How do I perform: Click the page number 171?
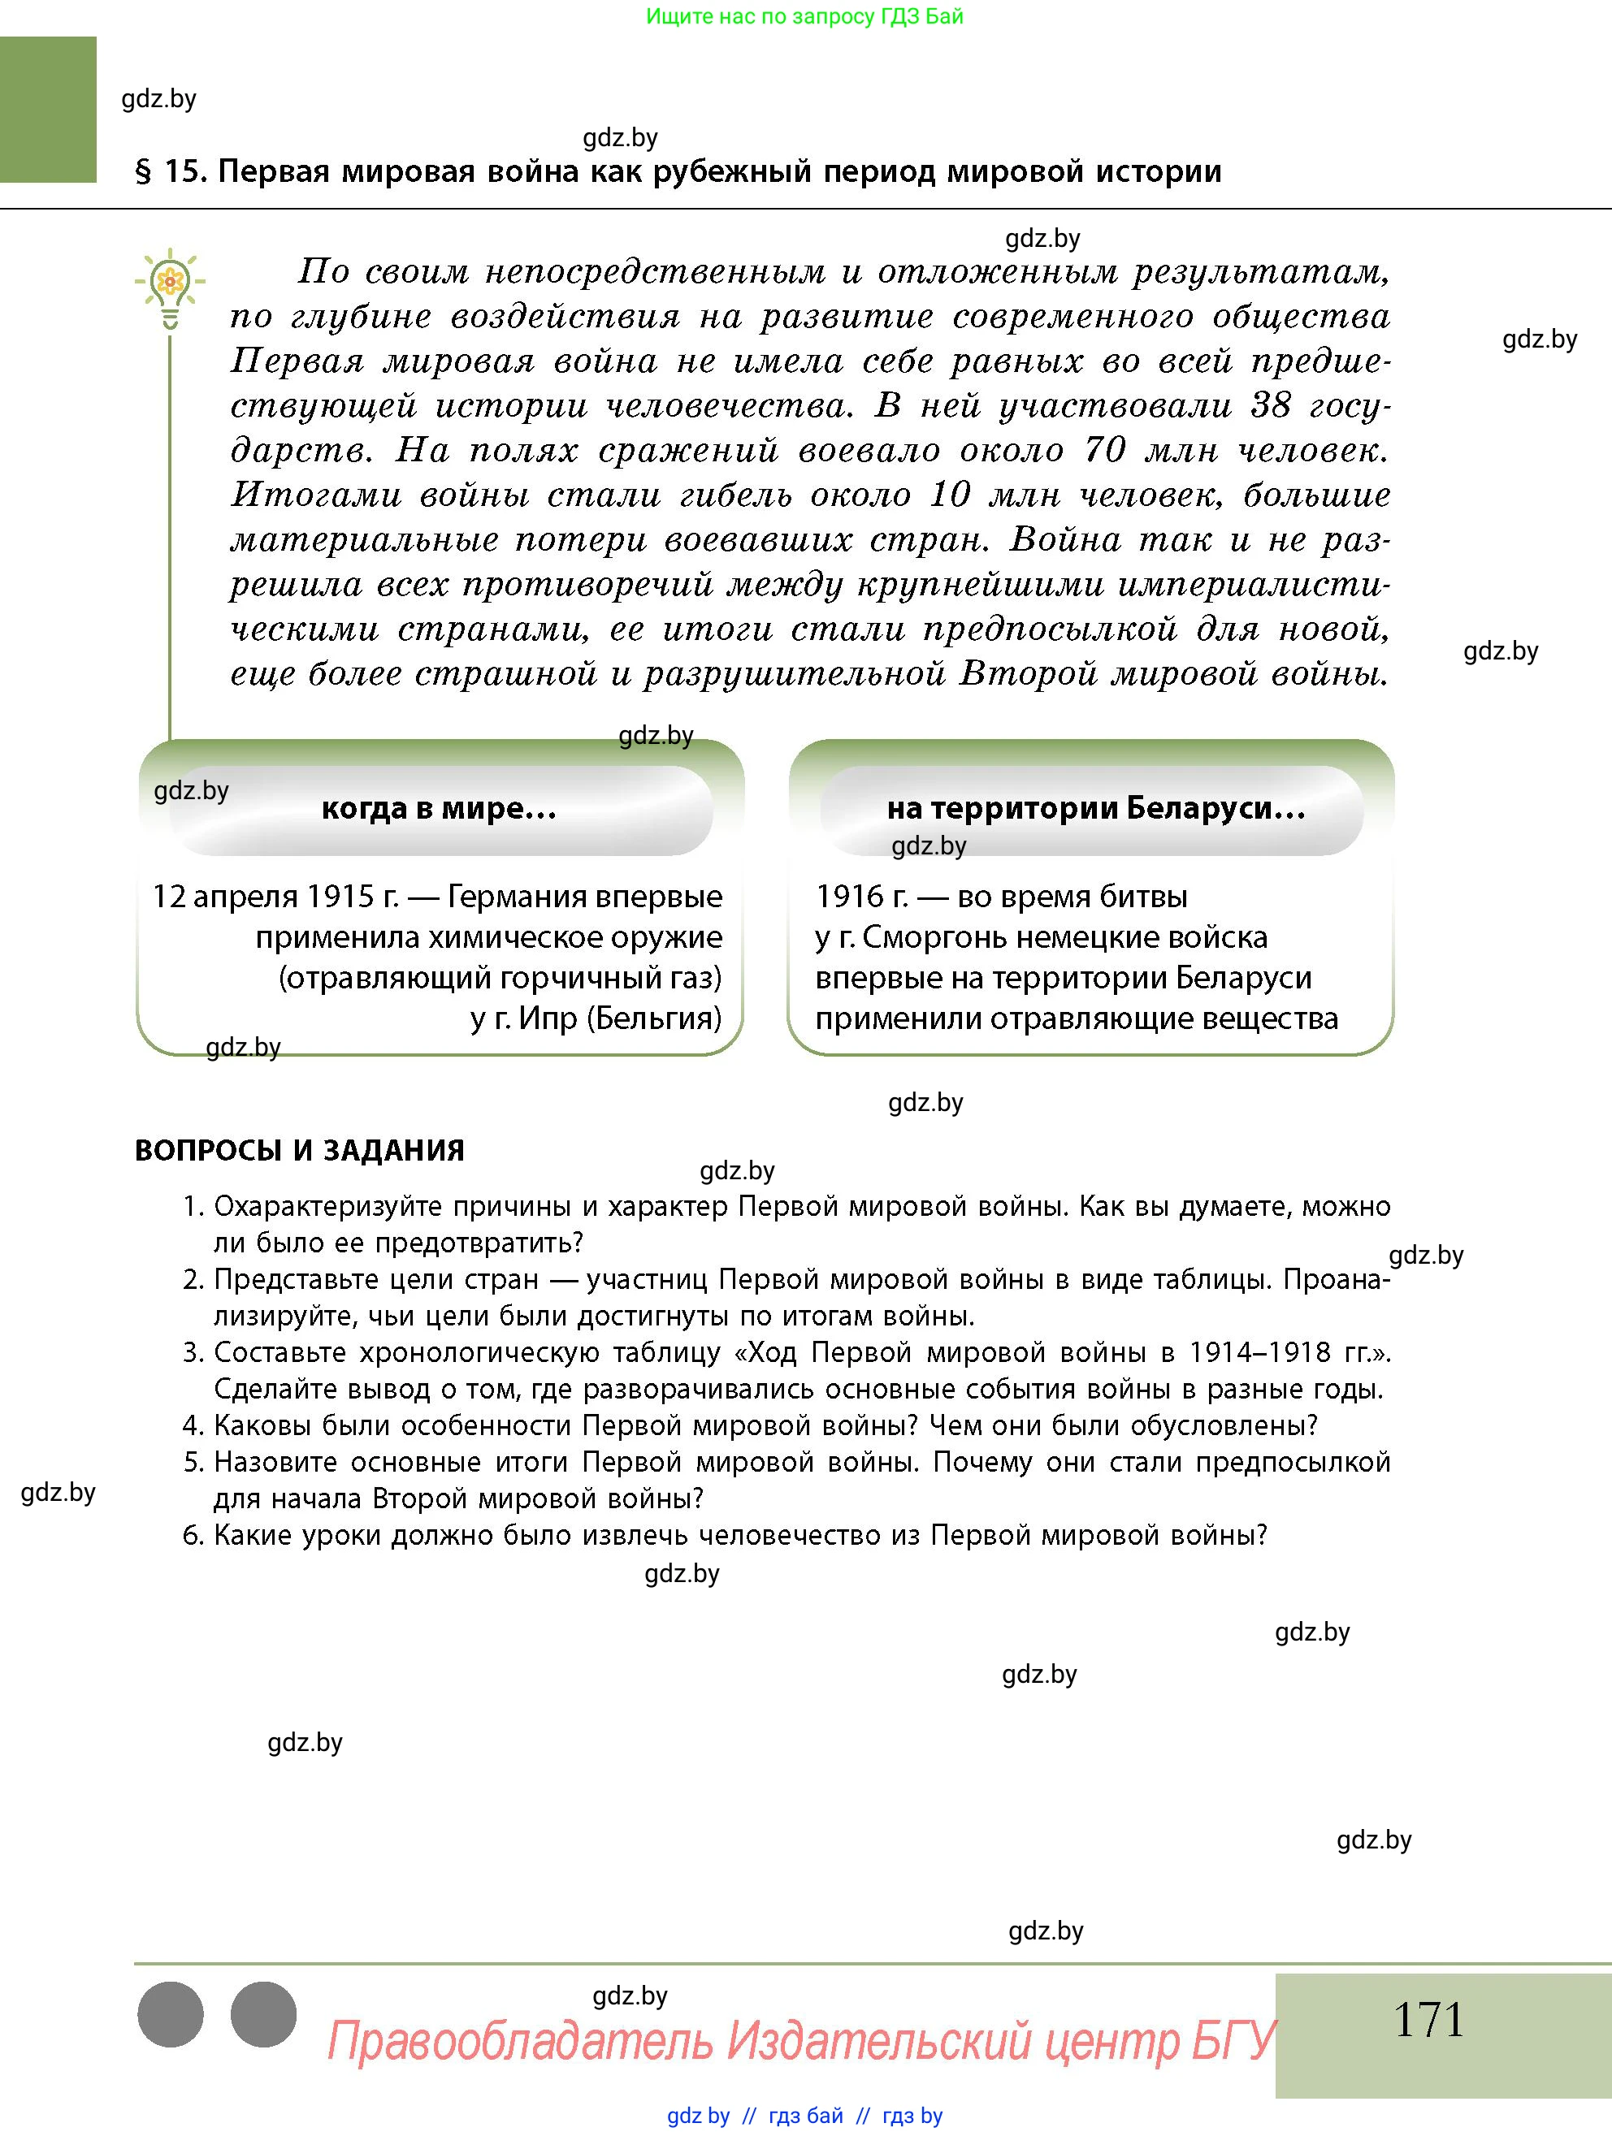click(1428, 2020)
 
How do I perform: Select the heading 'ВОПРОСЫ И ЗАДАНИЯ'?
click(300, 1150)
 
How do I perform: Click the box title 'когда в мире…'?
click(439, 808)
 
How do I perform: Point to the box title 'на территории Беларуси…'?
click(1095, 808)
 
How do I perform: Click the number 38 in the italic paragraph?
click(1271, 405)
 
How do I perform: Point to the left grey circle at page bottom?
click(171, 2014)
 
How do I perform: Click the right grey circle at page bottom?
click(264, 2014)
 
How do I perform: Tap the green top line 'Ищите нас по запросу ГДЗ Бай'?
click(804, 16)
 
